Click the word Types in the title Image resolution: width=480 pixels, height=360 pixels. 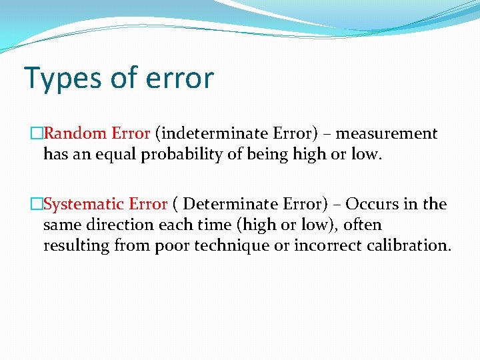tap(60, 78)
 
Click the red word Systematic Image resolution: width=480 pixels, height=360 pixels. tap(84, 204)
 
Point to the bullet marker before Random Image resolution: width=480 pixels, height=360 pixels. tap(37, 134)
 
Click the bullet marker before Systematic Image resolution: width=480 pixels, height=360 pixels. tap(37, 204)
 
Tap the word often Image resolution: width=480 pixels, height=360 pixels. tap(363, 225)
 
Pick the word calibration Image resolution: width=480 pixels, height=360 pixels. tap(409, 245)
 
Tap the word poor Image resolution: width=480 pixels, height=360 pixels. tap(172, 245)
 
